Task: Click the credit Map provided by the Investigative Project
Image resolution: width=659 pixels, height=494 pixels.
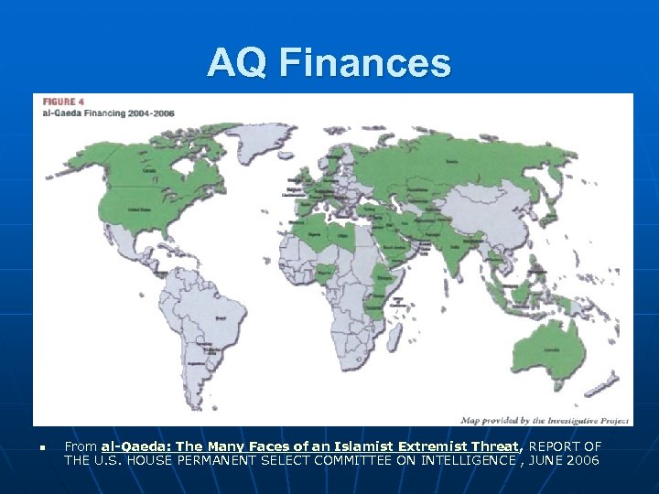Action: [544, 420]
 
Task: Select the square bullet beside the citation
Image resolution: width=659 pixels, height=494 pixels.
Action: [42, 447]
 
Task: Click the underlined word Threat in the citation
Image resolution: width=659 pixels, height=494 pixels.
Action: [498, 446]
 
